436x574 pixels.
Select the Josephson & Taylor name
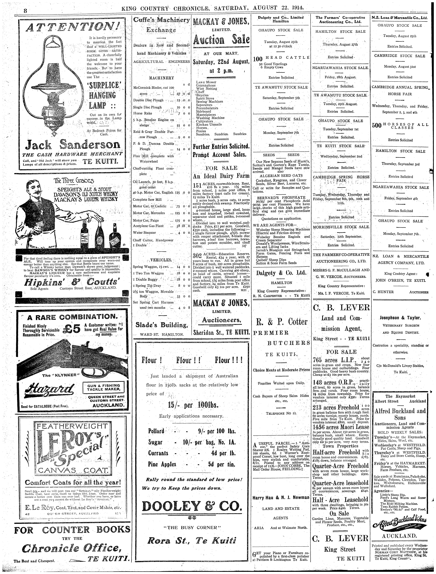pyautogui.click(x=400, y=318)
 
